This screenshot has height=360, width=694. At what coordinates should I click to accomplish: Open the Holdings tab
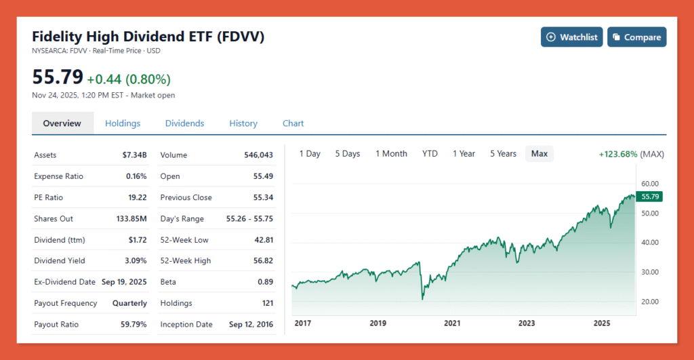(123, 123)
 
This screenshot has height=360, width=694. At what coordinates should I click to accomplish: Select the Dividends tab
(184, 123)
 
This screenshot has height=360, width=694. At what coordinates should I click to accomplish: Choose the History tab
(243, 123)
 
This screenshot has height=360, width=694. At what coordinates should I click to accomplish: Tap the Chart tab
(293, 123)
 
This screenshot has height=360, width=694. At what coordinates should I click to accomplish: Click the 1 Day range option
(310, 154)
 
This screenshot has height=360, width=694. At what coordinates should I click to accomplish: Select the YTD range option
(430, 154)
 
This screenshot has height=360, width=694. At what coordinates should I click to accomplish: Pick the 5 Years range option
(503, 154)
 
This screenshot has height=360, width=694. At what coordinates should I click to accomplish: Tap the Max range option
(539, 154)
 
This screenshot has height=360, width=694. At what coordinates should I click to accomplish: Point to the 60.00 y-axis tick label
(650, 184)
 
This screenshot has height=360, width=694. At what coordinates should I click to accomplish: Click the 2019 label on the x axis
(378, 323)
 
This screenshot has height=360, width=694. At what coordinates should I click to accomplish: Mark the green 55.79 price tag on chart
(649, 197)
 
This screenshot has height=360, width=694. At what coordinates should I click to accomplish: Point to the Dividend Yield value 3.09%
(134, 261)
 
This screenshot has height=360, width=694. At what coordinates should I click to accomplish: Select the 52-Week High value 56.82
(260, 261)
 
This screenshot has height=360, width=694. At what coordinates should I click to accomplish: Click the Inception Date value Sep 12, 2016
(251, 325)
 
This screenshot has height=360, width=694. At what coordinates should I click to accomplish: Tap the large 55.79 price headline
(58, 77)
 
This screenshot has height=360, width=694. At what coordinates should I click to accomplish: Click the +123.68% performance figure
(617, 155)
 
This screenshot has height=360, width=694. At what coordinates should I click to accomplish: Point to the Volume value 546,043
(258, 155)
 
